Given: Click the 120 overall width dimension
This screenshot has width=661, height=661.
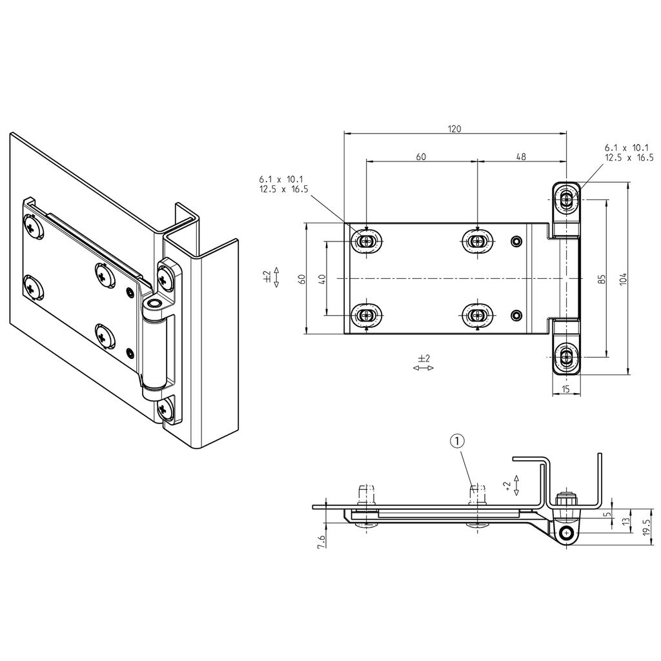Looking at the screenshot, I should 454,128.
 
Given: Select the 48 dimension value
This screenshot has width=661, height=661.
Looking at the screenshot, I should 521,156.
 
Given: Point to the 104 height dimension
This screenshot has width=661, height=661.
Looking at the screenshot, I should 622,279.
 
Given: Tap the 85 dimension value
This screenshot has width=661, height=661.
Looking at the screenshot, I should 601,279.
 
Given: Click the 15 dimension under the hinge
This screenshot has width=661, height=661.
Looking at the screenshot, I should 566,389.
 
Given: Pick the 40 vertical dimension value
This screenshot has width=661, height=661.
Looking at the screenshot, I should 321,279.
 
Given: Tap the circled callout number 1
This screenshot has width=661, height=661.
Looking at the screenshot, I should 456,441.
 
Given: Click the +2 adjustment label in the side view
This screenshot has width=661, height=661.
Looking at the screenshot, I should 508,485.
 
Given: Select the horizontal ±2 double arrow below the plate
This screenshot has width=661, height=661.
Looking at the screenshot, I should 423,367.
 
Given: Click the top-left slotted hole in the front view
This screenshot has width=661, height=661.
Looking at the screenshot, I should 367,241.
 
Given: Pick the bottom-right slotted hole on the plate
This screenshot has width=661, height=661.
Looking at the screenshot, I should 477,315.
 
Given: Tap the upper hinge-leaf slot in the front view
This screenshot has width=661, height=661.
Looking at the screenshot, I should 567,199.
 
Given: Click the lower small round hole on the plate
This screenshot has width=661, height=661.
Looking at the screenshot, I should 515,315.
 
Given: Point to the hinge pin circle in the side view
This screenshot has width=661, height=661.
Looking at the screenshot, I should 567,533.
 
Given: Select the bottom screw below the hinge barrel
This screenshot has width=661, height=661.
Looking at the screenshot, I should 165,408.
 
